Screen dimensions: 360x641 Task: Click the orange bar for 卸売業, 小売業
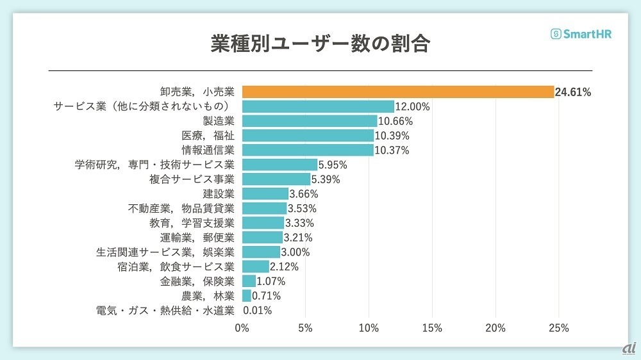click(x=397, y=92)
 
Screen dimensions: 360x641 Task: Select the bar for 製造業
click(x=310, y=121)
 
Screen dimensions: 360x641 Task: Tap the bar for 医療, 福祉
click(x=308, y=136)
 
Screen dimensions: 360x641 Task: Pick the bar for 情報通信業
click(x=308, y=151)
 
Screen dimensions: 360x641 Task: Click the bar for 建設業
click(x=265, y=193)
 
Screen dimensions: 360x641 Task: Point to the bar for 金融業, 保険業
click(x=249, y=281)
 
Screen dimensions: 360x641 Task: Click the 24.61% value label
click(x=573, y=92)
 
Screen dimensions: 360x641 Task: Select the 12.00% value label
click(x=412, y=106)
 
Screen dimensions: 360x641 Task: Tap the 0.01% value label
click(x=258, y=311)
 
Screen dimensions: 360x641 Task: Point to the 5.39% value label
click(x=326, y=179)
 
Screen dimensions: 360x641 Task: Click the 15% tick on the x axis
click(x=432, y=328)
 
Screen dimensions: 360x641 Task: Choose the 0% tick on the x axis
click(x=242, y=328)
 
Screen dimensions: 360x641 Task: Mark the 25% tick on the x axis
click(x=559, y=328)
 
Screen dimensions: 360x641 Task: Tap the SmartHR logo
click(x=581, y=35)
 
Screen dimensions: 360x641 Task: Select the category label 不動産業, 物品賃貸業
click(x=181, y=208)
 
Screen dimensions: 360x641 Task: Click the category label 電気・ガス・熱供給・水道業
click(x=165, y=311)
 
